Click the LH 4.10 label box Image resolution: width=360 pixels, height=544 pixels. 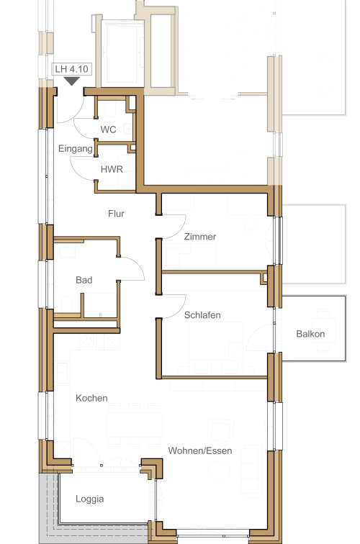(72, 69)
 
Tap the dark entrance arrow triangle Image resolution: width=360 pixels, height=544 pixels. (72, 81)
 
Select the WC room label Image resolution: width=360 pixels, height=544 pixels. (108, 130)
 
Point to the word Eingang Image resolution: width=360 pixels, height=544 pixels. (76, 149)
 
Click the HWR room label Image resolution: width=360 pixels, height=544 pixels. (112, 169)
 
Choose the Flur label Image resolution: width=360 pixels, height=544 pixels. (116, 214)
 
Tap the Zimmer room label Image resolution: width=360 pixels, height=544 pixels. (200, 237)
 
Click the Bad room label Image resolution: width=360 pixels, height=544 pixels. (84, 280)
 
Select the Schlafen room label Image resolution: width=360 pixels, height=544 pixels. (202, 315)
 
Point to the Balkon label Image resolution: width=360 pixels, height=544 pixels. (310, 334)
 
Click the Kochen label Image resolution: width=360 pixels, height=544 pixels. (91, 398)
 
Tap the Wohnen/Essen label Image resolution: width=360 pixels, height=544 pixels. (200, 450)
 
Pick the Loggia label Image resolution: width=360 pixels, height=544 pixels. (89, 499)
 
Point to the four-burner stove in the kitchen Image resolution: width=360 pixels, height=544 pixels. (88, 342)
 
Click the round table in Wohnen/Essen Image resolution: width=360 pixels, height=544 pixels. (219, 471)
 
